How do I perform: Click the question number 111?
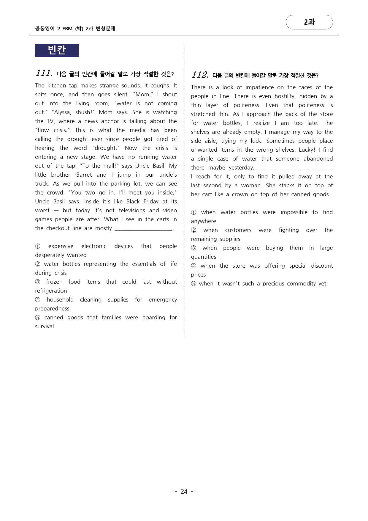pos(44,73)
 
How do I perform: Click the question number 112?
pos(199,75)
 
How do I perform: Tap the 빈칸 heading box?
pos(57,50)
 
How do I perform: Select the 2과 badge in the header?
pos(309,22)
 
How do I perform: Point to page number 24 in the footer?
pos(184,492)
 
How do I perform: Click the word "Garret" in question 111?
pos(83,175)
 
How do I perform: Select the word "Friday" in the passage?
pos(151,201)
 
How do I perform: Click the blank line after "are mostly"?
pos(144,228)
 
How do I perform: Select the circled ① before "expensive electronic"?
pos(38,246)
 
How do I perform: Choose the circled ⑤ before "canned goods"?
pos(38,318)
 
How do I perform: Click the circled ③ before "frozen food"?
pos(38,282)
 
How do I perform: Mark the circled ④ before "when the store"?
pos(193,266)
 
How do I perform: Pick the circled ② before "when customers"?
pos(193,230)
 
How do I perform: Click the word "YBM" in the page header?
pos(67,29)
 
